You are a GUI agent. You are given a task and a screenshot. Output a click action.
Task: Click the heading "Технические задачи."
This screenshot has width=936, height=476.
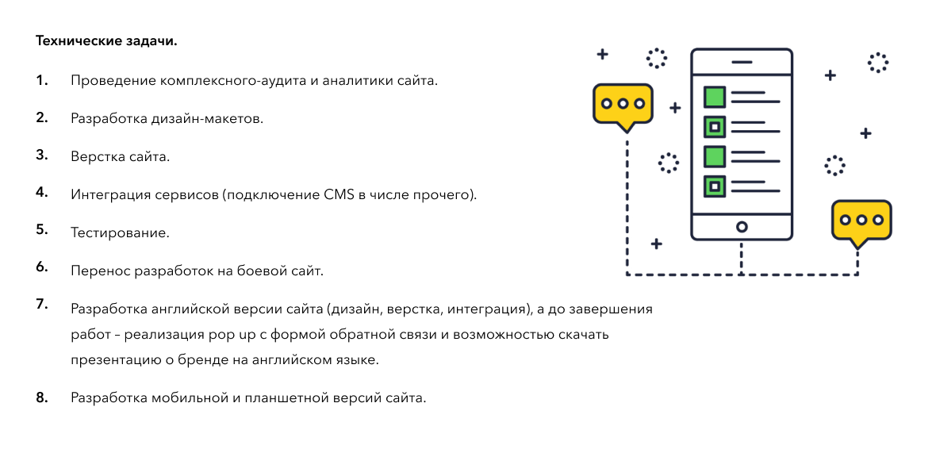[106, 41]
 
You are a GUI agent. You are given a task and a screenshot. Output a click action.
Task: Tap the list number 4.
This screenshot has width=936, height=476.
[41, 192]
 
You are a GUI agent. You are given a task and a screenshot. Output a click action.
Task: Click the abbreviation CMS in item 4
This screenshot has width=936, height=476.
[339, 194]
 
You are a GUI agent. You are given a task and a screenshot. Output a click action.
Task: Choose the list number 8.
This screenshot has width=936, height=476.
[41, 397]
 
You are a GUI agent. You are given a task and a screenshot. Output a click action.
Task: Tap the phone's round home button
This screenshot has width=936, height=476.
[742, 227]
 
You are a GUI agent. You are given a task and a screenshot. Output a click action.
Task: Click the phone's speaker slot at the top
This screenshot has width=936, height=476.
[742, 62]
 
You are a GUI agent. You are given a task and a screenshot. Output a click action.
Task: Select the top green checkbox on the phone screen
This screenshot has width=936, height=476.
[715, 97]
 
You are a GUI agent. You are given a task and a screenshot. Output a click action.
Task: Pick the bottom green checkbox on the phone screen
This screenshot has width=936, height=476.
[715, 186]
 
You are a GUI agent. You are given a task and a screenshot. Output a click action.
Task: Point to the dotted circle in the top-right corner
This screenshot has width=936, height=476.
[878, 62]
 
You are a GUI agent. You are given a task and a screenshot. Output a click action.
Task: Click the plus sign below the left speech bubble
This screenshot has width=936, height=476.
[656, 244]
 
